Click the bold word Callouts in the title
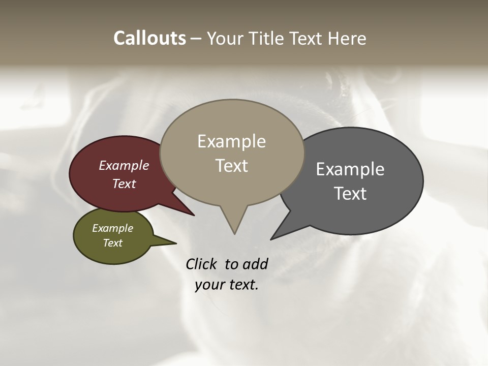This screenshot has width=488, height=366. (149, 38)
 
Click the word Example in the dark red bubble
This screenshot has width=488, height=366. (124, 165)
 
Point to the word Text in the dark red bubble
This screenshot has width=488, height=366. (124, 184)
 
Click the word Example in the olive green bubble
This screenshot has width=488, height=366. (112, 228)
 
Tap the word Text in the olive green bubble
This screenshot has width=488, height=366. (113, 242)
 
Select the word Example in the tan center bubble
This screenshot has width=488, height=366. (231, 141)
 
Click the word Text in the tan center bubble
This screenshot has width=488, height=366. (232, 166)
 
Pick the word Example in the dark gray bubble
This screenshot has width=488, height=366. (350, 169)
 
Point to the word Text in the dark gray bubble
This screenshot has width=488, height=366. (350, 194)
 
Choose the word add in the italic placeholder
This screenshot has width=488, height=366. (256, 264)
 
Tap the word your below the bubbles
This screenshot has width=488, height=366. (209, 285)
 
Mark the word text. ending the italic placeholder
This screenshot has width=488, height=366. (243, 285)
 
